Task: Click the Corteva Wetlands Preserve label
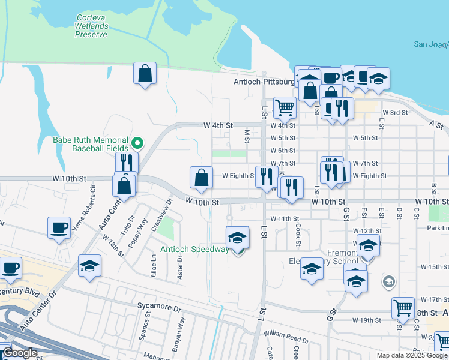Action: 91,26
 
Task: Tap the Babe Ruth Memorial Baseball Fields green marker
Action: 137,143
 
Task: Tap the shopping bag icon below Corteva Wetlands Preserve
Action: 145,74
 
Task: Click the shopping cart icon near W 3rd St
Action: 285,108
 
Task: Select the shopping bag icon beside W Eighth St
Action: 202,177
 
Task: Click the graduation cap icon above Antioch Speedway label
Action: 237,238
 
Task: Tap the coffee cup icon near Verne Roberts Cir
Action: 59,228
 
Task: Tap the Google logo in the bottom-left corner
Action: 20,353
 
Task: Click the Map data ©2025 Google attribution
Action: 411,355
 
